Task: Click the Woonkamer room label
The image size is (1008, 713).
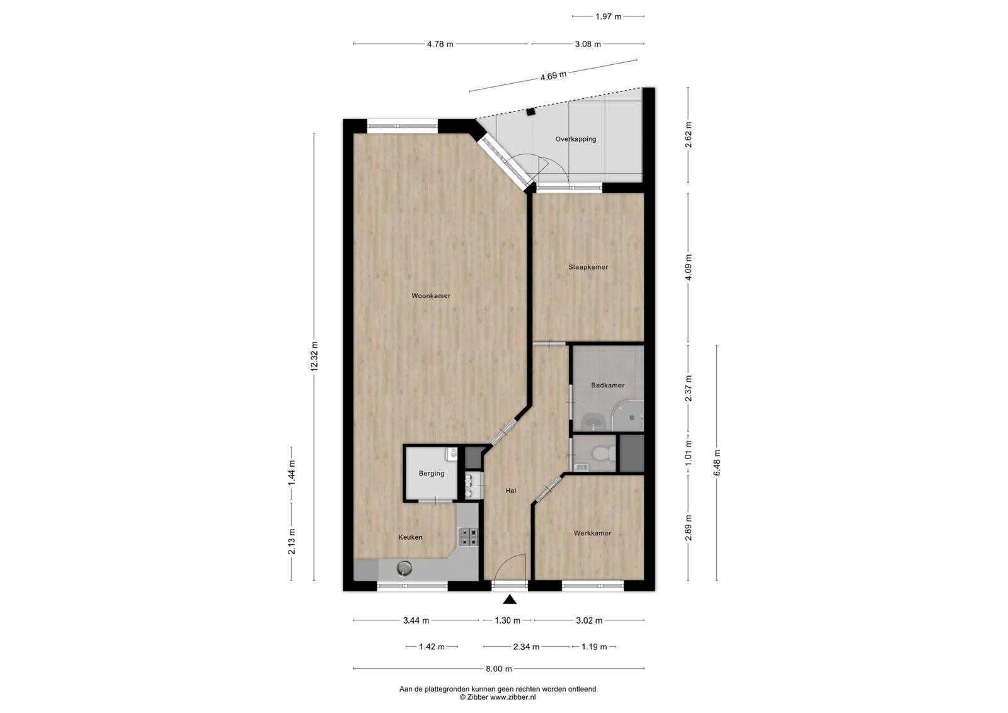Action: (431, 295)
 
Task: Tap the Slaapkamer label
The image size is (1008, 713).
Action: (588, 267)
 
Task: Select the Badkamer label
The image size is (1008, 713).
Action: (607, 385)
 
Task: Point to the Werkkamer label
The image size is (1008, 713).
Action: (592, 533)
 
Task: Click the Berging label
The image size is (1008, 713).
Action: (431, 473)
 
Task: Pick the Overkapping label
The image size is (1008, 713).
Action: (576, 139)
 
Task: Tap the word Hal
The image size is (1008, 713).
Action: (510, 491)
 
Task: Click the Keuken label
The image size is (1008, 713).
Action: (410, 537)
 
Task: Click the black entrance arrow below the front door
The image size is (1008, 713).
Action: (510, 599)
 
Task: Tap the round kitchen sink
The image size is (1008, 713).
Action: (404, 569)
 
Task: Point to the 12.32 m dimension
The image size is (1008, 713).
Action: (314, 356)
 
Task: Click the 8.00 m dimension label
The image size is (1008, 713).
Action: (498, 668)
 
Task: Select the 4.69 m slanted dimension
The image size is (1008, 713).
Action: (553, 76)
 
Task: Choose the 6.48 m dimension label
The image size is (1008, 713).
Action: (717, 462)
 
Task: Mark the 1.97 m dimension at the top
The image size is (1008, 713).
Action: (609, 16)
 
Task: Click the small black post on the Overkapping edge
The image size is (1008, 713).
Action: (531, 111)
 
